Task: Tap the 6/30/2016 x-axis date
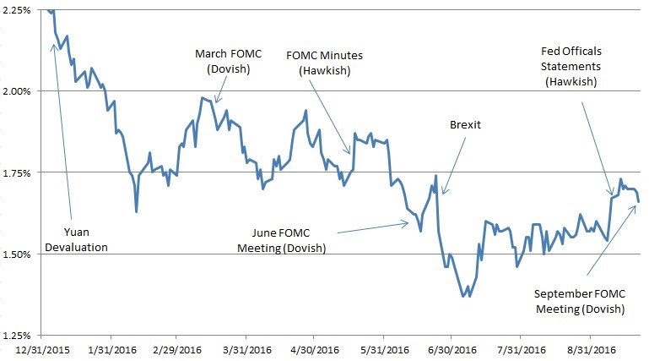point(453,349)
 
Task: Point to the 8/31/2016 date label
point(592,349)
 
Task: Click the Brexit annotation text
point(465,124)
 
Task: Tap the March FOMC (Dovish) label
point(217,62)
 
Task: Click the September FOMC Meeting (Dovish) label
point(580,301)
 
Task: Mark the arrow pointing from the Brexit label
point(454,163)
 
